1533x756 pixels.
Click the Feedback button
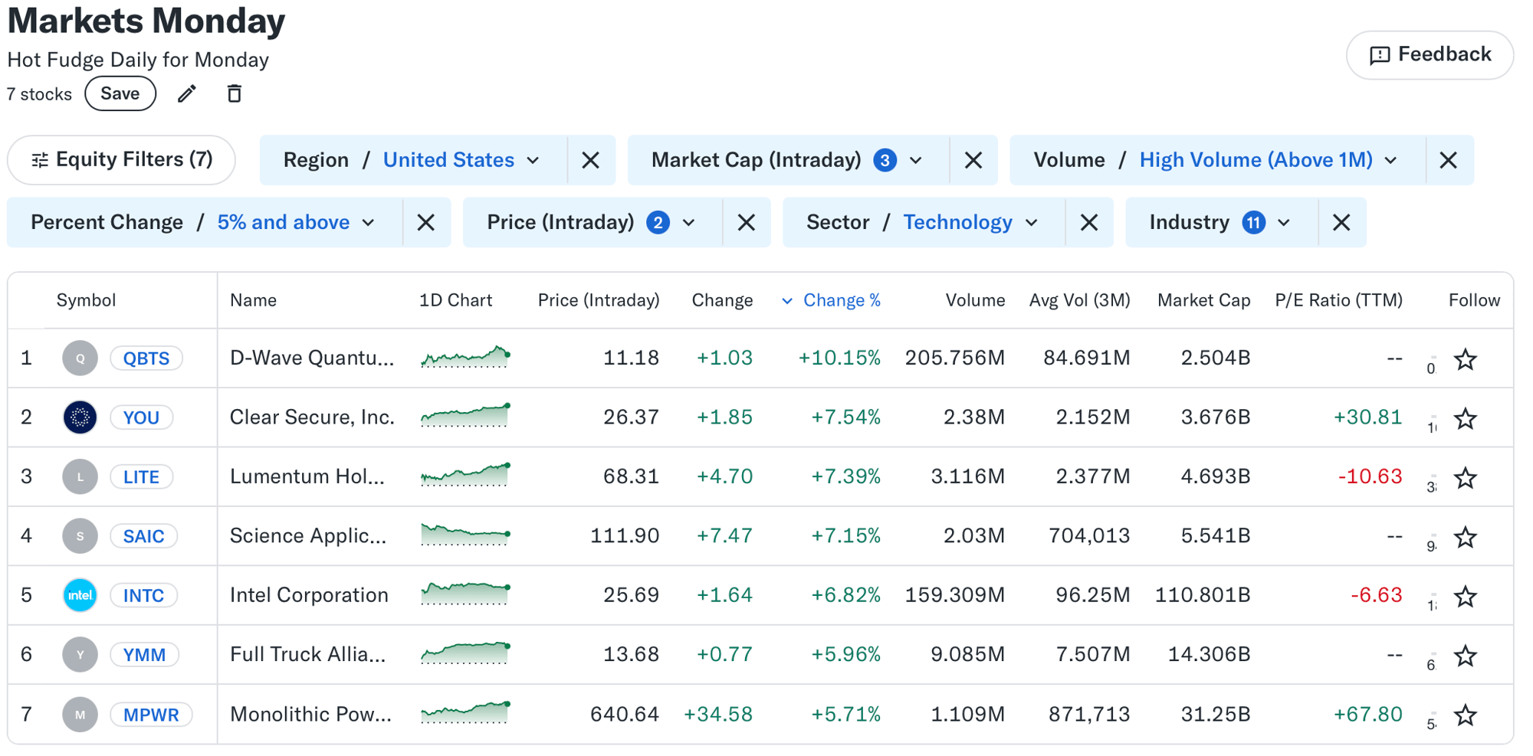pyautogui.click(x=1430, y=55)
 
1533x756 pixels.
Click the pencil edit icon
pyautogui.click(x=187, y=94)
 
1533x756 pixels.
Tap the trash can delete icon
pyautogui.click(x=235, y=94)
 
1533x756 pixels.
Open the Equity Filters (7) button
pyautogui.click(x=121, y=160)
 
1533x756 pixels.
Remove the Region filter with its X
pyautogui.click(x=590, y=160)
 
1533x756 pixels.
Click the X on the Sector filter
pyautogui.click(x=1088, y=223)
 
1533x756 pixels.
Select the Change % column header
pyautogui.click(x=841, y=300)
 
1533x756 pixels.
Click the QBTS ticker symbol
pyautogui.click(x=146, y=358)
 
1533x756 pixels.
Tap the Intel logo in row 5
pyautogui.click(x=80, y=595)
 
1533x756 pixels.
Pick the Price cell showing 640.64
pyautogui.click(x=624, y=715)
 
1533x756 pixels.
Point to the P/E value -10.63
pyautogui.click(x=1370, y=476)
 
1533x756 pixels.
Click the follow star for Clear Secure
pyautogui.click(x=1466, y=418)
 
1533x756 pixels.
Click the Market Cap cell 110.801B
pyautogui.click(x=1203, y=595)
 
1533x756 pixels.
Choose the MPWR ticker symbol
pyautogui.click(x=151, y=715)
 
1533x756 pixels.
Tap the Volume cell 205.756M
pyautogui.click(x=954, y=358)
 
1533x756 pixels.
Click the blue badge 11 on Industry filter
pyautogui.click(x=1253, y=223)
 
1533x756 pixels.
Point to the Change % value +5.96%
pyautogui.click(x=845, y=655)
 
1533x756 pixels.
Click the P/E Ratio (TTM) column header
pyautogui.click(x=1338, y=300)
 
